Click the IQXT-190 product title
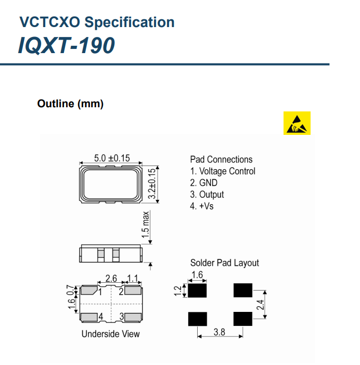click(66, 46)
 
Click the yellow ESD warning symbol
click(297, 123)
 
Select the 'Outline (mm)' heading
click(70, 104)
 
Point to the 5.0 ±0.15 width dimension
click(112, 157)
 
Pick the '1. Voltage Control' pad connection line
click(223, 171)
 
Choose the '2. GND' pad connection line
click(204, 183)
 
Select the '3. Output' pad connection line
click(207, 194)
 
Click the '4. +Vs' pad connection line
click(202, 206)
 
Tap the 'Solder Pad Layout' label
click(224, 263)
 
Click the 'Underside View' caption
click(110, 334)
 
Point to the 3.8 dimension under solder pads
click(219, 332)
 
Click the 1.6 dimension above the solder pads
click(197, 274)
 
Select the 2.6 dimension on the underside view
click(111, 279)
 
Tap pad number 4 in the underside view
click(101, 316)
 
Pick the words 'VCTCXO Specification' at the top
click(97, 22)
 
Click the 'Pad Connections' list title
click(221, 159)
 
